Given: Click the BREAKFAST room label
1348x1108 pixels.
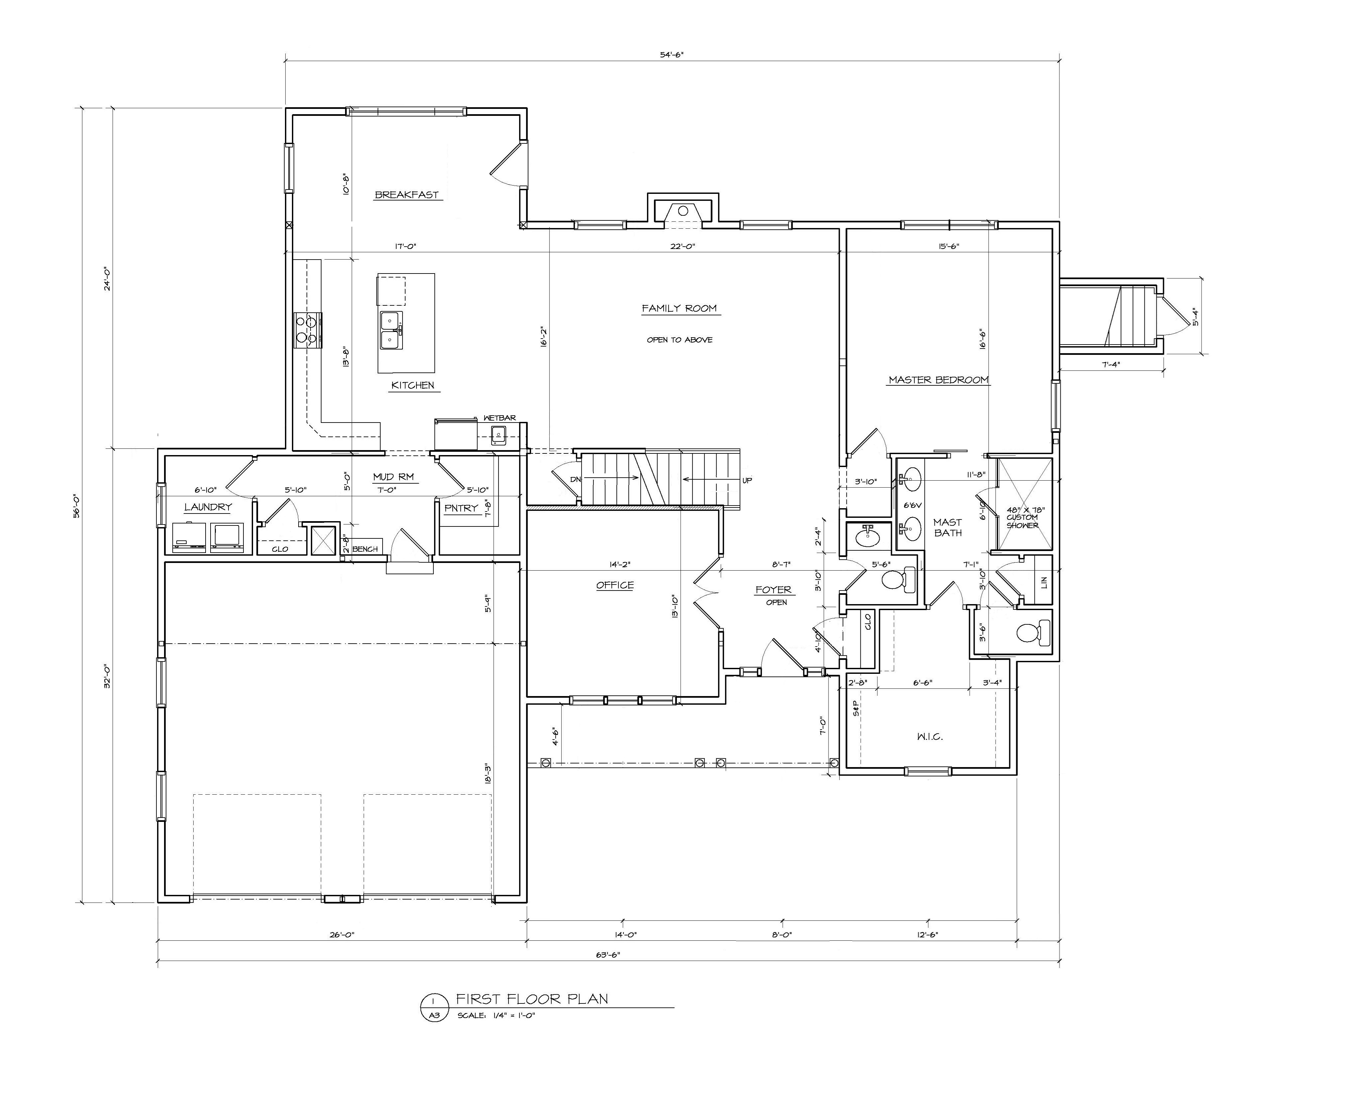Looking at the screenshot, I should tap(407, 195).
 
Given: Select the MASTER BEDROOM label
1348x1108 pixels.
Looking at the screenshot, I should tap(938, 380).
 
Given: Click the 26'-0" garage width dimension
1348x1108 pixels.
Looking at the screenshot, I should tap(342, 934).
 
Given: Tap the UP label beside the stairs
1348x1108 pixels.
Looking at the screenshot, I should tap(747, 480).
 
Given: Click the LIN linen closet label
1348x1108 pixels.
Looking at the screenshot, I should tap(1043, 582).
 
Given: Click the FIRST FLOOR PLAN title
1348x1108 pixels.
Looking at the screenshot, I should tap(531, 999).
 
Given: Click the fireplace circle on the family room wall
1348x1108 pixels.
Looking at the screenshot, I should tap(682, 211).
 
